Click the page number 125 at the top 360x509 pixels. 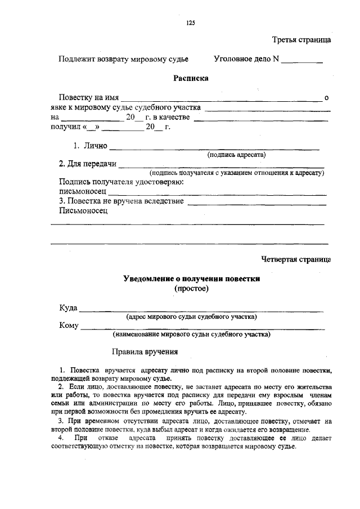coord(190,22)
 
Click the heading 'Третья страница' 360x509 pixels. coord(301,40)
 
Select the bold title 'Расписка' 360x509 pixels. coord(191,78)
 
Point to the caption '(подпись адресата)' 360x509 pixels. coord(237,154)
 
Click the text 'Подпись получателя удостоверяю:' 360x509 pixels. coord(122,182)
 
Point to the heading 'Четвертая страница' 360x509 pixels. coord(296,259)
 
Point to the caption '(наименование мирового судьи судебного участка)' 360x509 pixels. coord(191,335)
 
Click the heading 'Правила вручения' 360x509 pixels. coord(145,353)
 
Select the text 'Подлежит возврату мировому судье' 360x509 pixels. coord(123,59)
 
